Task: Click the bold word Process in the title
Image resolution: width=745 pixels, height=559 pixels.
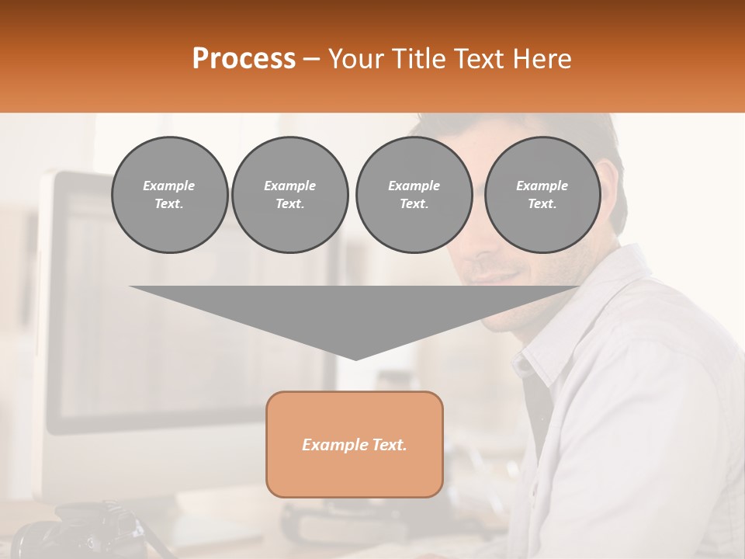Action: (x=244, y=59)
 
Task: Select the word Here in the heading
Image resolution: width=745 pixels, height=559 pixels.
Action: (x=542, y=59)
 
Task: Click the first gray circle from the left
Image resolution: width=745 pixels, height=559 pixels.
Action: (x=169, y=195)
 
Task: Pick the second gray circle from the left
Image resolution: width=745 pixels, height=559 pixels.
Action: (x=289, y=195)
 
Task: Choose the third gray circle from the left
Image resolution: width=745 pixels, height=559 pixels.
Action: (x=414, y=195)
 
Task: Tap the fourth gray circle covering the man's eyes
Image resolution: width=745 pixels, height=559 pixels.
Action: (x=542, y=195)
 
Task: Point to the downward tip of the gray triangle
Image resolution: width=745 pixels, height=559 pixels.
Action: (x=355, y=356)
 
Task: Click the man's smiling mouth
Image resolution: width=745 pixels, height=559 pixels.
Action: (x=489, y=275)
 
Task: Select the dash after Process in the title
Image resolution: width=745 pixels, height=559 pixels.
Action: (x=312, y=59)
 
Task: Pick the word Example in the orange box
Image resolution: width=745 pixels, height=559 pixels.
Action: (x=334, y=445)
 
